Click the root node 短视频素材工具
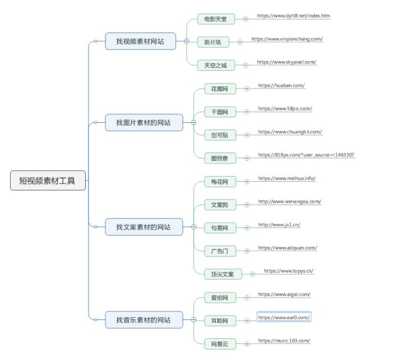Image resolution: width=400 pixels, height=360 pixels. (x=48, y=181)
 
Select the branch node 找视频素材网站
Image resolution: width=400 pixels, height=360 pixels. (x=141, y=41)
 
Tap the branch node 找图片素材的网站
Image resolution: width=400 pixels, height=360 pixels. (x=143, y=122)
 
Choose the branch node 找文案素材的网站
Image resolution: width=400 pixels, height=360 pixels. (x=143, y=227)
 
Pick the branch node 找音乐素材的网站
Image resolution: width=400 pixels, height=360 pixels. (x=143, y=320)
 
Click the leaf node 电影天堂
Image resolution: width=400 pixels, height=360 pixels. (x=215, y=19)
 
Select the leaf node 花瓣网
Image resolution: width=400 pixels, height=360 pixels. (x=219, y=89)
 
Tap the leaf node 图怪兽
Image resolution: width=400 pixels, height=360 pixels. (x=219, y=158)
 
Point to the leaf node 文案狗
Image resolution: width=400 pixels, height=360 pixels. (x=219, y=205)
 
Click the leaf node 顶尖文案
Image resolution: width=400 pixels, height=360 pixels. (x=223, y=274)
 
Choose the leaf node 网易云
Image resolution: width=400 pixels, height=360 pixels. (x=219, y=344)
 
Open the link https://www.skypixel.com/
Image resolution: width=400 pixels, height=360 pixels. (x=286, y=62)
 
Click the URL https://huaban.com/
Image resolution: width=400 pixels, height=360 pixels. (x=281, y=86)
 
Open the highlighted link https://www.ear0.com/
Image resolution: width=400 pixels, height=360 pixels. (x=284, y=317)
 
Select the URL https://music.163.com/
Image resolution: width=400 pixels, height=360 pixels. (x=284, y=341)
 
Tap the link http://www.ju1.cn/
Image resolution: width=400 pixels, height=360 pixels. (x=279, y=225)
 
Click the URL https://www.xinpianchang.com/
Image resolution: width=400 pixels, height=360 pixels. (x=287, y=39)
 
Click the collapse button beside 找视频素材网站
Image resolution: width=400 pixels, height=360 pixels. (x=186, y=41)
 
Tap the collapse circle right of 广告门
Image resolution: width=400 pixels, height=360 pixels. (x=247, y=251)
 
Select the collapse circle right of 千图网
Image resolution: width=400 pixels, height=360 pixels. (x=247, y=112)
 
